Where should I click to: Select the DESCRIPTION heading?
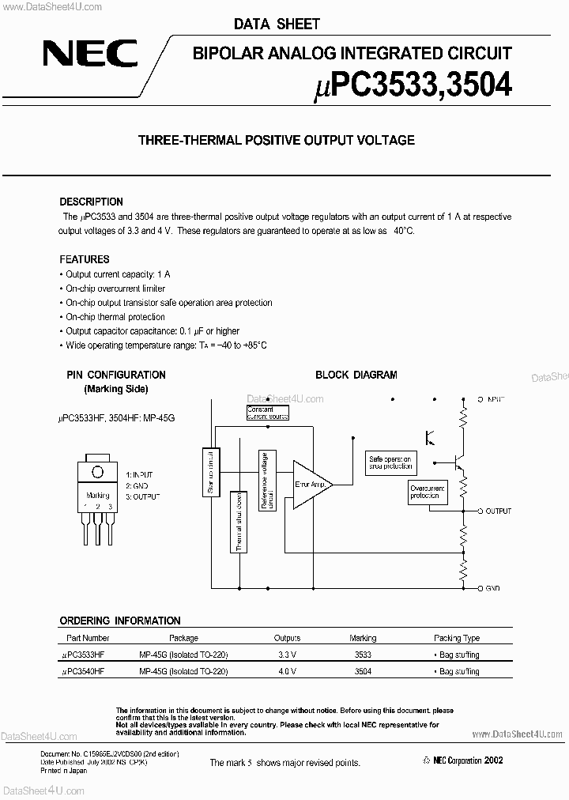tap(91, 202)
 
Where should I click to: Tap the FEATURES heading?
tap(85, 259)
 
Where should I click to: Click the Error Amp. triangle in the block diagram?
tap(310, 484)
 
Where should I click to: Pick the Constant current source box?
tap(267, 413)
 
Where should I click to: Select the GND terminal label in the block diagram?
tap(494, 589)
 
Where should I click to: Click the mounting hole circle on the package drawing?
tap(97, 472)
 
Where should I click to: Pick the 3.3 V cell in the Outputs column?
tap(287, 655)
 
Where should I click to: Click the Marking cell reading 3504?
tap(363, 671)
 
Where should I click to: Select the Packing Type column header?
tap(456, 638)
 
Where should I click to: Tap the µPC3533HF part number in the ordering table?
tap(84, 655)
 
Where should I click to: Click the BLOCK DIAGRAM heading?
tap(356, 375)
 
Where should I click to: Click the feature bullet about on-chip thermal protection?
tap(115, 317)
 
